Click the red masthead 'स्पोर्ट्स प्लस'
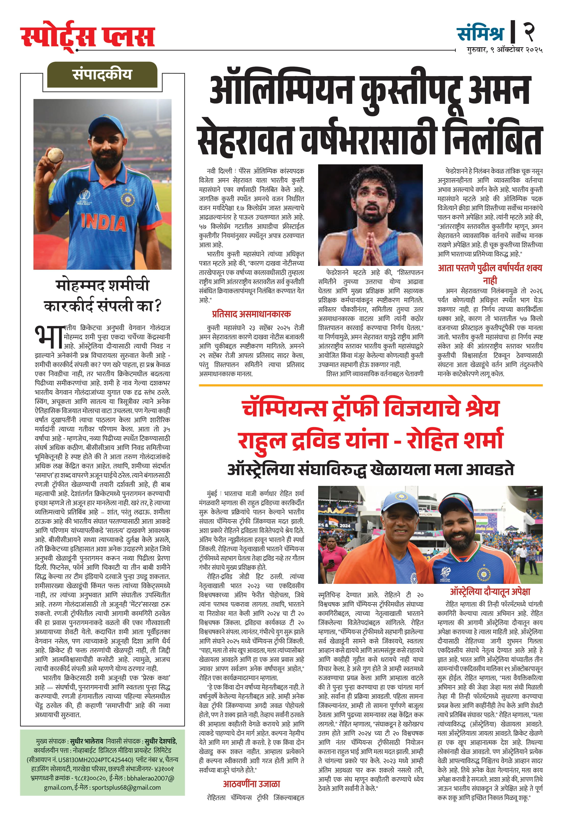coord(88,36)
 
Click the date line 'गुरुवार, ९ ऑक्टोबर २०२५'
coord(505,50)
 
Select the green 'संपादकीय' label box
coord(102,75)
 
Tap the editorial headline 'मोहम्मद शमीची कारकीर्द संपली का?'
coord(102,295)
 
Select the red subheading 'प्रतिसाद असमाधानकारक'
coord(251,314)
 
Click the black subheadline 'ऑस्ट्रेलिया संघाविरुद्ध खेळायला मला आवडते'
coord(370,469)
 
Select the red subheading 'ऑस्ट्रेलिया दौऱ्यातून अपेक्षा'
coord(490,592)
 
